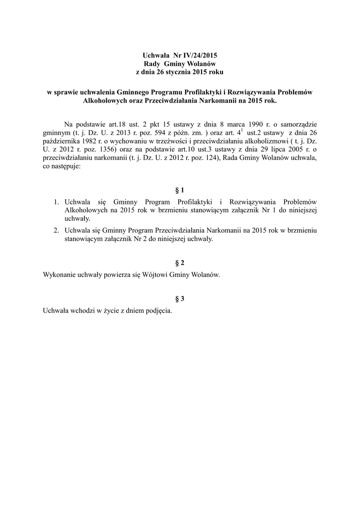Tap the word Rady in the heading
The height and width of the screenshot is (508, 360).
(151, 64)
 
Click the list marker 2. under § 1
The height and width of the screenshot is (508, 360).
(57, 230)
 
